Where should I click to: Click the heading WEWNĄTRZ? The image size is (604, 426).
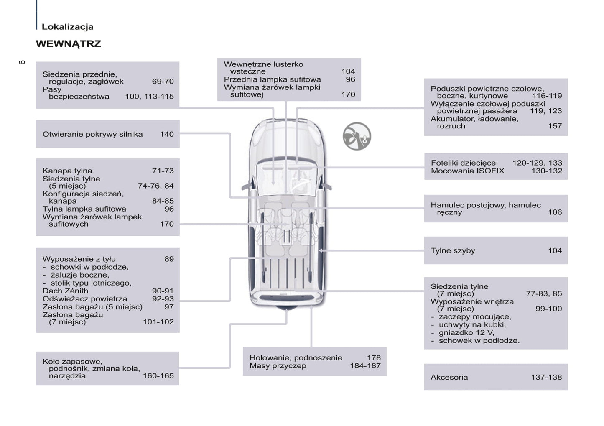pyautogui.click(x=68, y=44)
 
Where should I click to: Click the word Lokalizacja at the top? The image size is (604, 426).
pyautogui.click(x=67, y=27)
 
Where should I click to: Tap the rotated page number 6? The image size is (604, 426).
pyautogui.click(x=22, y=62)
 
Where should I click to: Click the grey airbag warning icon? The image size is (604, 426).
pyautogui.click(x=357, y=136)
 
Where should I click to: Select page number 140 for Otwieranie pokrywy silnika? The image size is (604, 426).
pyautogui.click(x=166, y=134)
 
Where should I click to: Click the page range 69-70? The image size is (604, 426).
pyautogui.click(x=163, y=82)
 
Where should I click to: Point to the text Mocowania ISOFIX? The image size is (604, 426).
pyautogui.click(x=467, y=171)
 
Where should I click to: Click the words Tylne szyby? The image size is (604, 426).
pyautogui.click(x=453, y=251)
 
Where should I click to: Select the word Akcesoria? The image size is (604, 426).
pyautogui.click(x=449, y=378)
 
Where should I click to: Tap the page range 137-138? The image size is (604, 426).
pyautogui.click(x=546, y=378)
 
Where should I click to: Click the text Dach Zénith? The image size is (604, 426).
pyautogui.click(x=65, y=291)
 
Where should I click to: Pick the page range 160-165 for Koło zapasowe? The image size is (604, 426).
pyautogui.click(x=158, y=376)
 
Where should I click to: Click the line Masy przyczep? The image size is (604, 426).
pyautogui.click(x=278, y=366)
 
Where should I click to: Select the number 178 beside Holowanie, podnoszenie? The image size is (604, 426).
pyautogui.click(x=374, y=358)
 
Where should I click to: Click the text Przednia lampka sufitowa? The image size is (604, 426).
pyautogui.click(x=272, y=79)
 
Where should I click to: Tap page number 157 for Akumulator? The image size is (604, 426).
pyautogui.click(x=555, y=126)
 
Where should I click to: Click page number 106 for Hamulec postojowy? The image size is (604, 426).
pyautogui.click(x=555, y=212)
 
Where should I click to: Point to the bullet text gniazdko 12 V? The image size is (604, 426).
pyautogui.click(x=466, y=333)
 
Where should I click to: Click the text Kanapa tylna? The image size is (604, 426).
pyautogui.click(x=67, y=171)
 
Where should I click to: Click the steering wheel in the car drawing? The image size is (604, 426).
pyautogui.click(x=303, y=182)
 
